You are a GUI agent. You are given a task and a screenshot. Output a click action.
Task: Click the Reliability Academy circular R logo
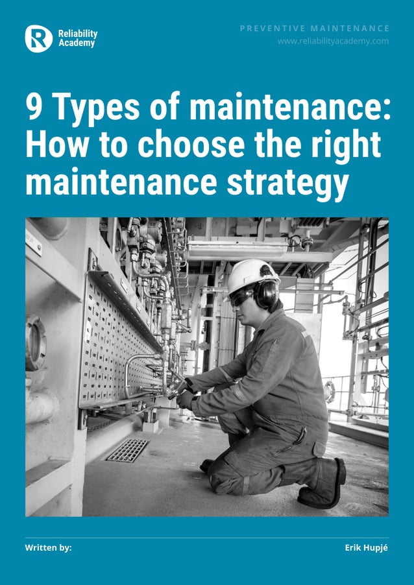coord(38,38)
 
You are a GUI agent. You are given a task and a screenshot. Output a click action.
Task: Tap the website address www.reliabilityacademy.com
coord(333,41)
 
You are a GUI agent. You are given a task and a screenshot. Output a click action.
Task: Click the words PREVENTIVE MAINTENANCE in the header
coord(315,28)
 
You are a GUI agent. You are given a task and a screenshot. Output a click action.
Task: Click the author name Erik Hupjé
coord(366,548)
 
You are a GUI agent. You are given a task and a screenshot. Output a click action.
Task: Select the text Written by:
coord(48,548)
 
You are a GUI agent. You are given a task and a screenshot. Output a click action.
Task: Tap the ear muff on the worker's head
coord(266,294)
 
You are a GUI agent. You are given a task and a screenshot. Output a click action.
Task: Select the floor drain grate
coord(128,449)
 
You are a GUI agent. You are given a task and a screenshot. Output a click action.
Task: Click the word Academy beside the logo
coord(77,43)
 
